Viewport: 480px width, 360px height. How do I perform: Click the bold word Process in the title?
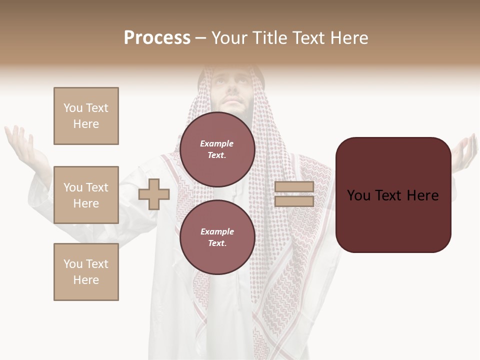point(157,38)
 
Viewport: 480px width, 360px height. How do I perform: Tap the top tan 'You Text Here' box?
point(86,116)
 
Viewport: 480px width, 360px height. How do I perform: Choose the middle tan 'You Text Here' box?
point(86,195)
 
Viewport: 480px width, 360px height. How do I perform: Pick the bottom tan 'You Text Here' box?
point(86,272)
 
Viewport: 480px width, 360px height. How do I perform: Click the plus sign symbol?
point(154,194)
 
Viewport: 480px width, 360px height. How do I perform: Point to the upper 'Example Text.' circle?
point(217,149)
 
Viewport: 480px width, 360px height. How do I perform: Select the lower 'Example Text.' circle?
point(217,237)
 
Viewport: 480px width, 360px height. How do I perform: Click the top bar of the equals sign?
point(294,187)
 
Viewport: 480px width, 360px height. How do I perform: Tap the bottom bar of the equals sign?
point(294,201)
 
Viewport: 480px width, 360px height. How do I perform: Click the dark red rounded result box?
point(393,195)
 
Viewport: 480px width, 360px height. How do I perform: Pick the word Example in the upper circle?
point(216,143)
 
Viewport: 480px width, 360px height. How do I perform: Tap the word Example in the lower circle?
point(217,231)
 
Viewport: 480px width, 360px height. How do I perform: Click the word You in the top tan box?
point(72,108)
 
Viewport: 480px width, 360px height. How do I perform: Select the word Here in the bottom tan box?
point(86,280)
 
